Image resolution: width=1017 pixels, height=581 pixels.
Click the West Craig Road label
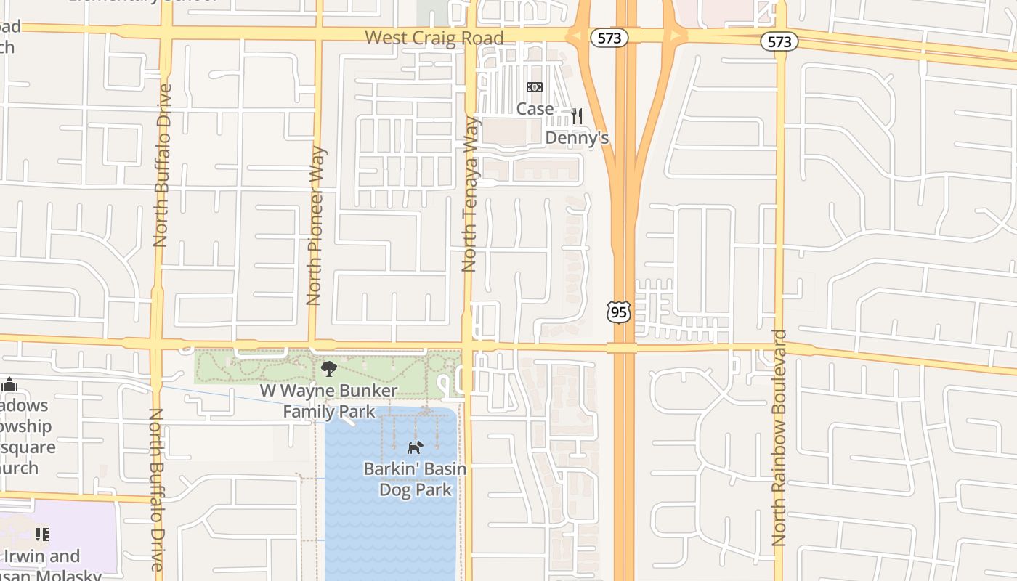[x=434, y=38]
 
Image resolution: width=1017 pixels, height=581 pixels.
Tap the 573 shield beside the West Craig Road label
[x=609, y=38]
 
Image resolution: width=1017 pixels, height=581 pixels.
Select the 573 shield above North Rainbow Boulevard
[x=779, y=41]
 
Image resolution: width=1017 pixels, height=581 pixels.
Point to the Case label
[x=535, y=109]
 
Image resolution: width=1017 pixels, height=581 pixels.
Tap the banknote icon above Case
[x=535, y=88]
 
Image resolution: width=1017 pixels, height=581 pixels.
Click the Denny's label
[x=577, y=138]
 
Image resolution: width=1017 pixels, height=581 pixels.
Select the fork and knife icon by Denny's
[x=577, y=115]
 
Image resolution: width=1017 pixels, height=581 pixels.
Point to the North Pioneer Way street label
[x=315, y=226]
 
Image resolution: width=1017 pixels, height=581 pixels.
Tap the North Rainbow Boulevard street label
[x=779, y=438]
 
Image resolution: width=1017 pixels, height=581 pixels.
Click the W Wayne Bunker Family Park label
[x=329, y=401]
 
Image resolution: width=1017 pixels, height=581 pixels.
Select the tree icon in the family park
[x=328, y=369]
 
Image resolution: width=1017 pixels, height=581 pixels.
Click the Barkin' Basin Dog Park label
[x=415, y=479]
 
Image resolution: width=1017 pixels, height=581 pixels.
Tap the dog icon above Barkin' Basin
[x=414, y=447]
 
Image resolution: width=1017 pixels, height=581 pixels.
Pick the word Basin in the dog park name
[x=441, y=469]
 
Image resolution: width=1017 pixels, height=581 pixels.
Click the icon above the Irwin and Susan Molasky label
[x=42, y=535]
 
